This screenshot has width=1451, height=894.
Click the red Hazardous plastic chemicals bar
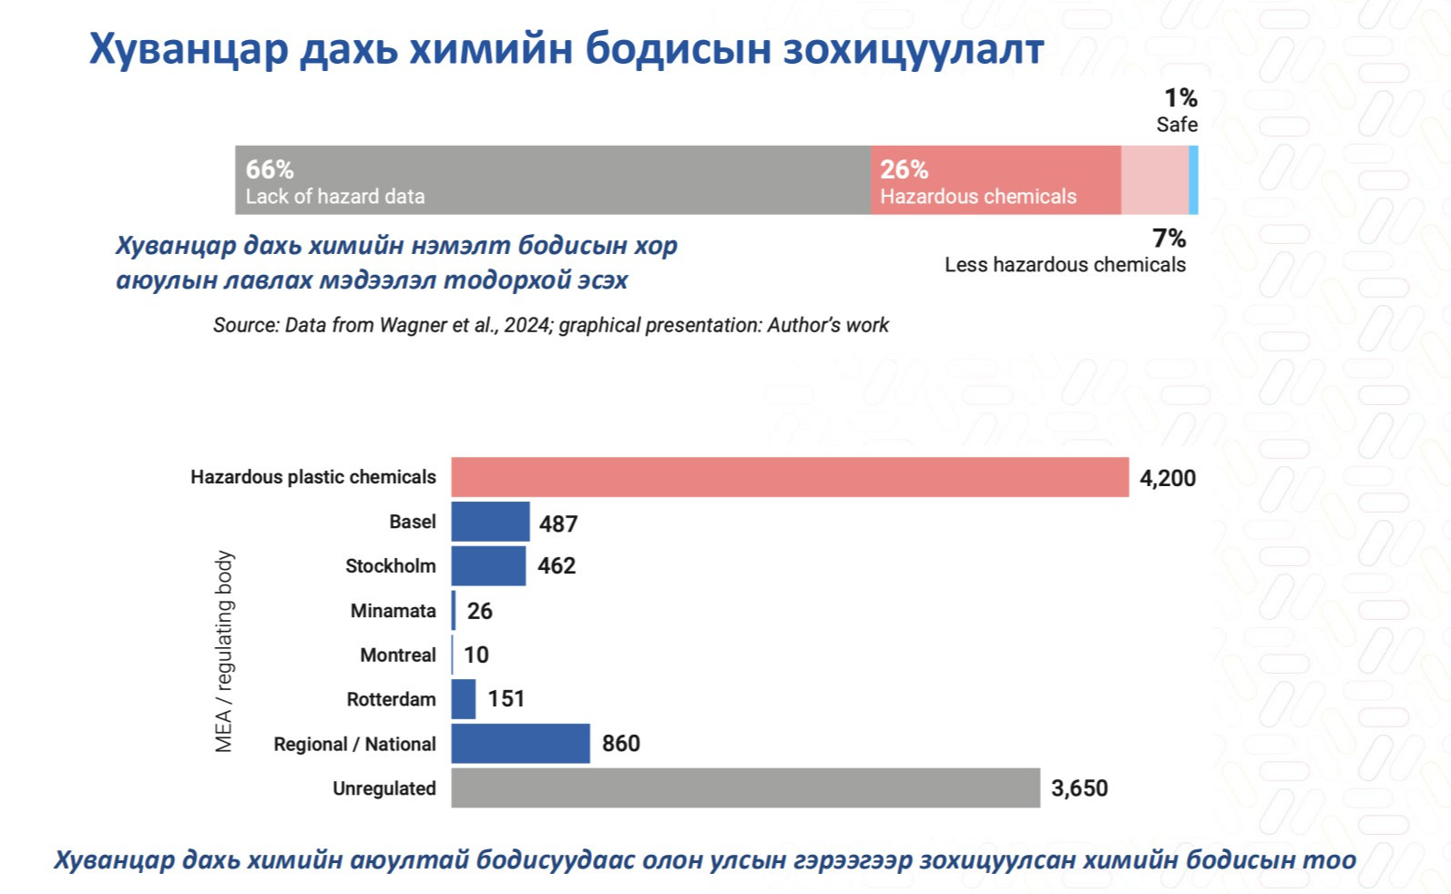[x=790, y=477]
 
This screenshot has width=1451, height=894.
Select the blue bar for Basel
[x=490, y=522]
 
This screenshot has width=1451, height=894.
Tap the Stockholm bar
[x=488, y=565]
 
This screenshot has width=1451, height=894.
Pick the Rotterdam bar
[x=464, y=699]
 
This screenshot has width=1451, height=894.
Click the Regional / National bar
[x=520, y=744]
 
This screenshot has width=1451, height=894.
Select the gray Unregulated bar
[x=745, y=787]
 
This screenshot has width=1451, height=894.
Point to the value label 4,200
[x=1168, y=478]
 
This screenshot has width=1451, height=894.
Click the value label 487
[x=558, y=523]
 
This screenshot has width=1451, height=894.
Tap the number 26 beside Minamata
[x=479, y=611]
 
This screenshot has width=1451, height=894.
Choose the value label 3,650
[x=1079, y=788]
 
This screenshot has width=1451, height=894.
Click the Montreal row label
[x=398, y=655]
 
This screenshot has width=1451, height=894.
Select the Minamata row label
[x=393, y=610]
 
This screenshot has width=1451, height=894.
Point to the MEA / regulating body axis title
[x=224, y=651]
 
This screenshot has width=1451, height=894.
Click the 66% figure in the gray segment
[x=270, y=169]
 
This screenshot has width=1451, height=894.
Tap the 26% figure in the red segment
[x=904, y=169]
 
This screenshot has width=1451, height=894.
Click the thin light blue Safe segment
[x=1193, y=180]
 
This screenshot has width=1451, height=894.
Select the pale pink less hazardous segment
[x=1154, y=180]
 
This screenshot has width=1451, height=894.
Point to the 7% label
[x=1169, y=239]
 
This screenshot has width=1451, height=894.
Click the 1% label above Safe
[x=1180, y=97]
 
